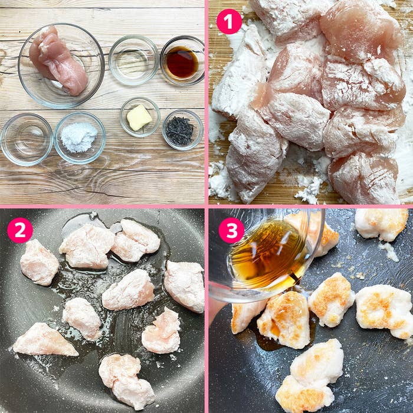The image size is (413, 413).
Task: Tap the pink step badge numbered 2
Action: [20, 231]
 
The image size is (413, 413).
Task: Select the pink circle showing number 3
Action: [231, 231]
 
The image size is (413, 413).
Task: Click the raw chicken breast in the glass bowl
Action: [59, 59]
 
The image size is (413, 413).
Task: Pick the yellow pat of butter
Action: [139, 117]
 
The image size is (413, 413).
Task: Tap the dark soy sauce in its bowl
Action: [182, 63]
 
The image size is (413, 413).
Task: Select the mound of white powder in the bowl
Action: [79, 136]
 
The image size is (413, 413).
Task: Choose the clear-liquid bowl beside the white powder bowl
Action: [26, 139]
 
